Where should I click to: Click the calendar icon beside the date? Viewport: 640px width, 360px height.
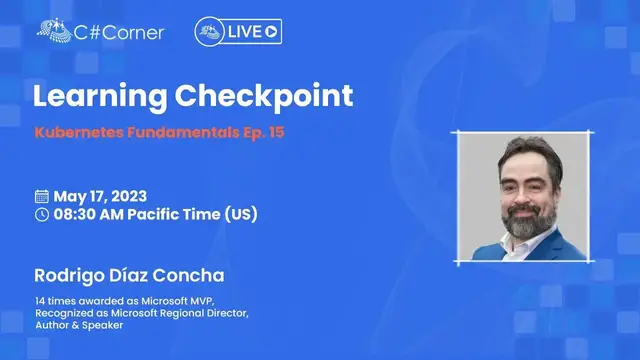coord(41,196)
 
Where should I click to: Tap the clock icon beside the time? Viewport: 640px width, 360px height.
coord(41,214)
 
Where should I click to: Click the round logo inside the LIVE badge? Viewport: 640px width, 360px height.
coord(208,32)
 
